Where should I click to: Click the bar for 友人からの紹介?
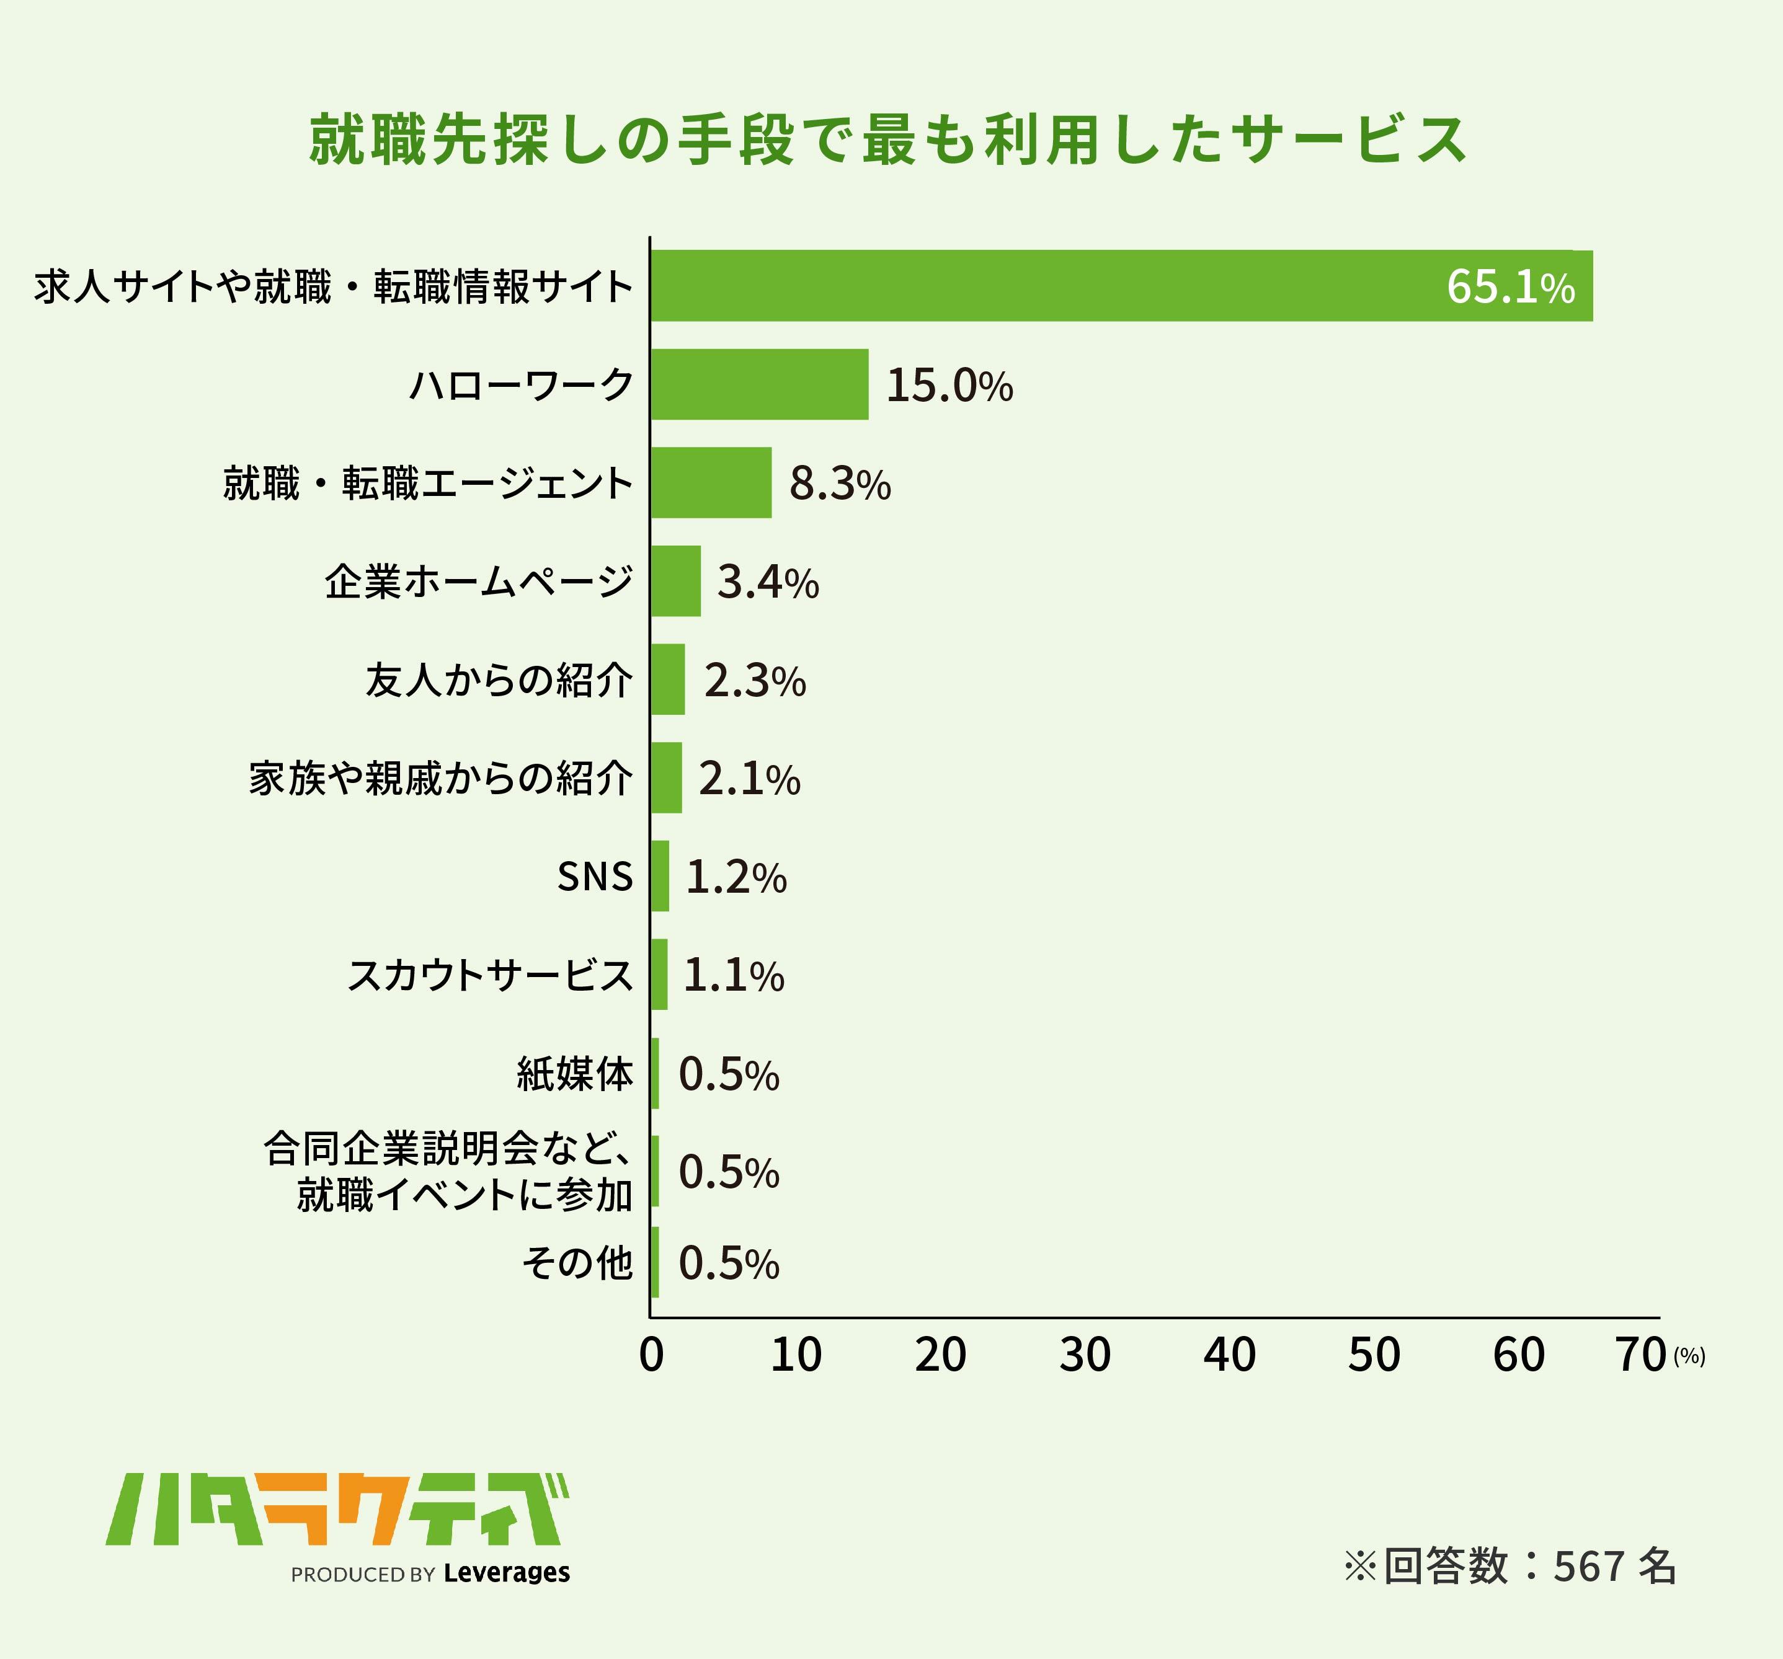coord(668,679)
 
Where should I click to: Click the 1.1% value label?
coord(733,976)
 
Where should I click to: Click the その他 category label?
coord(577,1263)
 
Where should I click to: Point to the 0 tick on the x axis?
coord(651,1355)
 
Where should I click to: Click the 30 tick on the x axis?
coord(1084,1355)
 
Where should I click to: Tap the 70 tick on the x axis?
coord(1640,1355)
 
